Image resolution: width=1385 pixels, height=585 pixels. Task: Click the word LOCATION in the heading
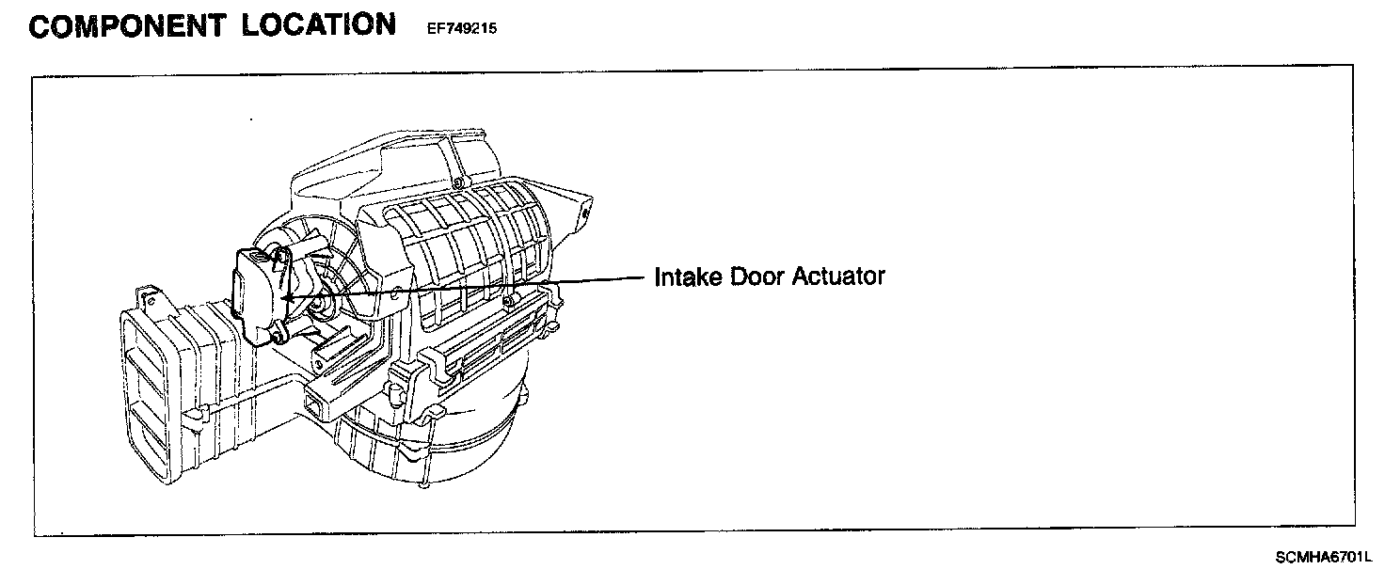coord(319,24)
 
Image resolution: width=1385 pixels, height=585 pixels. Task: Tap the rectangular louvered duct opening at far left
coord(148,395)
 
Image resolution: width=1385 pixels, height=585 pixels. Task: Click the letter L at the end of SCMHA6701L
coord(1368,558)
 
